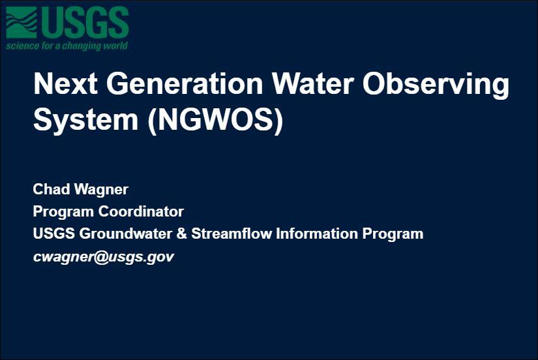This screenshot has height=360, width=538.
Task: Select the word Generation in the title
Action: click(x=185, y=83)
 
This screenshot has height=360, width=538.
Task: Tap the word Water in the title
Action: click(x=312, y=83)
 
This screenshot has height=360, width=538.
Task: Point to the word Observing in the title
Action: click(x=436, y=85)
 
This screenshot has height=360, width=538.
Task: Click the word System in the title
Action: click(x=86, y=121)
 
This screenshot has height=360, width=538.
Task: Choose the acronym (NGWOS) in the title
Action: click(x=216, y=121)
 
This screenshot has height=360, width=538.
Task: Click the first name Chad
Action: click(x=51, y=189)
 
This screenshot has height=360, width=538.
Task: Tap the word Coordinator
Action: click(x=141, y=211)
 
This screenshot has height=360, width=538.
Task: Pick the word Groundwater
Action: click(x=126, y=233)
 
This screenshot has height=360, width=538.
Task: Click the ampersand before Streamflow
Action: click(x=181, y=233)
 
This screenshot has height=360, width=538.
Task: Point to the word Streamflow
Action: click(x=232, y=233)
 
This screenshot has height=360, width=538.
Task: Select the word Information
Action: click(x=317, y=233)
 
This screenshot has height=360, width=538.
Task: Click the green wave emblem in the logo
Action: click(x=22, y=22)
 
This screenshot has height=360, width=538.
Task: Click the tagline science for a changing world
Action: click(x=67, y=46)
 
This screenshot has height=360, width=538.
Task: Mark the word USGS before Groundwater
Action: click(x=54, y=233)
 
